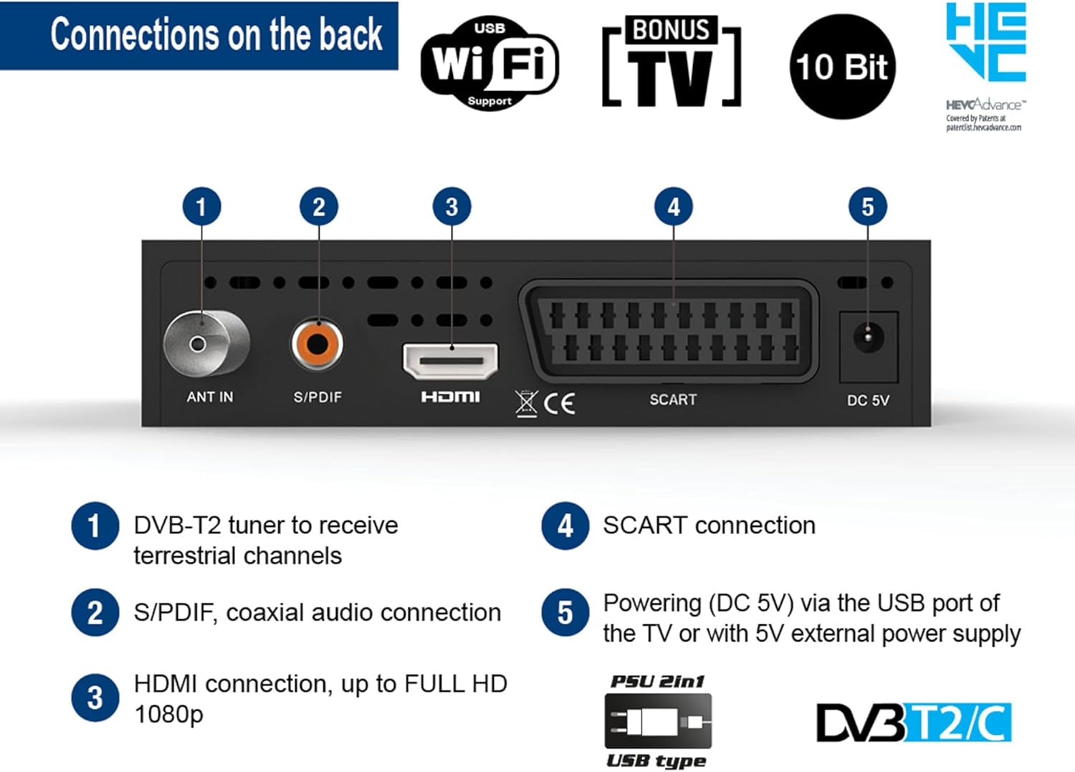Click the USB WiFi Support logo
(x=489, y=63)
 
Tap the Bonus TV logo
(x=672, y=63)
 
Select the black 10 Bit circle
(x=842, y=67)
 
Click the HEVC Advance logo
(x=985, y=65)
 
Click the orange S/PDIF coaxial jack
(x=317, y=344)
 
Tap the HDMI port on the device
(x=451, y=361)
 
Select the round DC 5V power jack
(x=869, y=337)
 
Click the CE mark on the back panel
(x=559, y=404)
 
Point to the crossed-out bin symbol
(x=526, y=403)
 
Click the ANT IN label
(x=209, y=397)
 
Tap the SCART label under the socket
(x=672, y=400)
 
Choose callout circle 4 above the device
(x=674, y=207)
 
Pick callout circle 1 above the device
(x=201, y=207)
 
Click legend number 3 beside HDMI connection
(x=95, y=698)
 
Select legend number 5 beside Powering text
(x=565, y=613)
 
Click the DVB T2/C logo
(x=914, y=723)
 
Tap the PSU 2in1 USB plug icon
(x=658, y=721)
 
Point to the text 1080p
(x=169, y=715)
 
